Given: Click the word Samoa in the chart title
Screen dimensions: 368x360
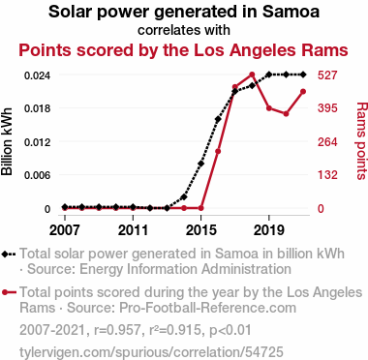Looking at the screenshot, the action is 291,12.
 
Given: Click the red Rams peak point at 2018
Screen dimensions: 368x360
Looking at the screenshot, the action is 252,75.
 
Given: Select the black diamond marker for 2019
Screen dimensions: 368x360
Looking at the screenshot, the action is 269,75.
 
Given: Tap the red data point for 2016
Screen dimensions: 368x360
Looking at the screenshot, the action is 218,151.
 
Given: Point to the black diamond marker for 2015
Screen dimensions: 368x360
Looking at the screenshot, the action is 200,164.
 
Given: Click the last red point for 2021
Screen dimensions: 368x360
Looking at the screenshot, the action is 303,92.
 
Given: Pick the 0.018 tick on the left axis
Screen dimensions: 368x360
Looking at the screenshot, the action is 38,108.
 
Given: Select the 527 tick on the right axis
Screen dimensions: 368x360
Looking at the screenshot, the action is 327,75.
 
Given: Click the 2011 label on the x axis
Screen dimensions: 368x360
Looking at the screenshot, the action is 133,230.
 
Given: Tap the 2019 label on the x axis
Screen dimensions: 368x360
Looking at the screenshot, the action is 269,230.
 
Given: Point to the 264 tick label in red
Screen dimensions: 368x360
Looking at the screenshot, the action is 327,142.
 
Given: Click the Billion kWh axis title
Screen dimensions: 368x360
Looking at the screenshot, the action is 7,141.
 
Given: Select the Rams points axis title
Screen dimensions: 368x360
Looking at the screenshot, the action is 361,140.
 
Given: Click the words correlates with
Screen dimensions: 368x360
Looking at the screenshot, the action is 184,30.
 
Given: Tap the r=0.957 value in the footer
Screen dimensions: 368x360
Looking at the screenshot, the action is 117,330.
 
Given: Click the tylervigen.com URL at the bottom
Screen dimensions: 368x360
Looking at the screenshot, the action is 151,351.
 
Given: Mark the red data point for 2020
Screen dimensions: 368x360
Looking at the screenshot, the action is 286,114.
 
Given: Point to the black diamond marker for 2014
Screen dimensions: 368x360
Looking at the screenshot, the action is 184,196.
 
